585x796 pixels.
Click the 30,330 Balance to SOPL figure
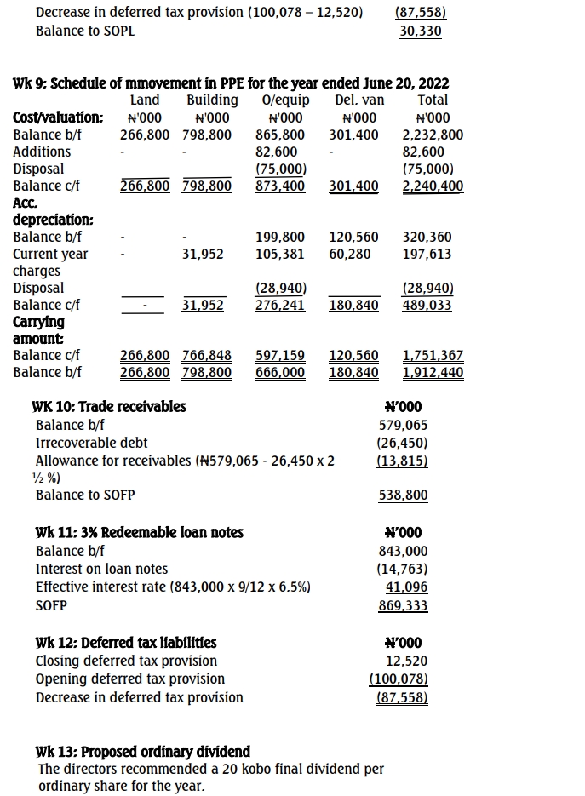421,31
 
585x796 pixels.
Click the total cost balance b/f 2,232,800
433,135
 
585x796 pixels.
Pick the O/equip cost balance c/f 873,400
280,186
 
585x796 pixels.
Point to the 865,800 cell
280,135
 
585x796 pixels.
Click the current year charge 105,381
280,254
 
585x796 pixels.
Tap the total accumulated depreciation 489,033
427,305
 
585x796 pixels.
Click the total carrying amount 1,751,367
433,355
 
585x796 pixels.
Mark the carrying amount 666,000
280,372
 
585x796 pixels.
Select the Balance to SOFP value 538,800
403,495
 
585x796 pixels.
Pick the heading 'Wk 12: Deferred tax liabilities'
126,643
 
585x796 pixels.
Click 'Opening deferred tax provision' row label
130,679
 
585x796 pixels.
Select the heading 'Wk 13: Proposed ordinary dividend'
143,752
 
